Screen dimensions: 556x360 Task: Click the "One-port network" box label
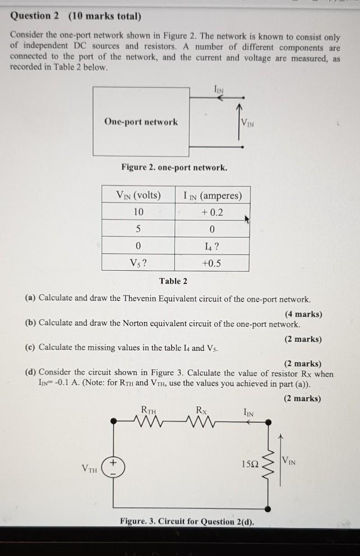click(x=141, y=122)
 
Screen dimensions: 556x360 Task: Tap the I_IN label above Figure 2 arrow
click(x=218, y=89)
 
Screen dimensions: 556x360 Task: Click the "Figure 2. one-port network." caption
click(x=174, y=168)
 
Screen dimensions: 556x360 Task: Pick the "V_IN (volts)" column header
click(x=138, y=195)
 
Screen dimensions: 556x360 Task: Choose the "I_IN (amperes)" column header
click(x=213, y=196)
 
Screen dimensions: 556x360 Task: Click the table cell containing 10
click(x=139, y=212)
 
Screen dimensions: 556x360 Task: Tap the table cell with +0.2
click(x=211, y=212)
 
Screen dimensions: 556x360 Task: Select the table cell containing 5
click(x=138, y=229)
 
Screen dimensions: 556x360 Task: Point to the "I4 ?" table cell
click(x=211, y=246)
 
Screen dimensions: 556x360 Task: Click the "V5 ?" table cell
click(x=138, y=263)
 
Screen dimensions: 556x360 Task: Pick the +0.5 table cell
click(x=211, y=263)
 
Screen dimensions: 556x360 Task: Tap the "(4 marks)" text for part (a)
click(x=303, y=314)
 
